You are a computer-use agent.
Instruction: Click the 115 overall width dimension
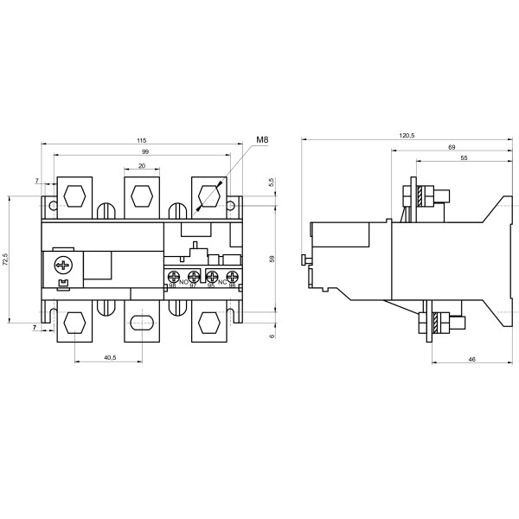pyautogui.click(x=140, y=140)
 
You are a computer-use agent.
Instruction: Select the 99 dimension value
pyautogui.click(x=145, y=151)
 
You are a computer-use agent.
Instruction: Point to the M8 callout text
pyautogui.click(x=262, y=140)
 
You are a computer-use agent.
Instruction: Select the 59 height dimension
pyautogui.click(x=272, y=257)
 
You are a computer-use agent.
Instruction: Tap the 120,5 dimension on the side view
pyautogui.click(x=407, y=136)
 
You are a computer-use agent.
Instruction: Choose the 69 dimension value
pyautogui.click(x=452, y=148)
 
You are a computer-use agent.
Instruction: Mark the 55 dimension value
pyautogui.click(x=464, y=159)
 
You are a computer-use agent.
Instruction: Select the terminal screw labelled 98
pyautogui.click(x=174, y=278)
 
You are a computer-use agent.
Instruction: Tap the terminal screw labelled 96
pyautogui.click(x=232, y=278)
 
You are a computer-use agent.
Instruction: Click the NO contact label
pyautogui.click(x=183, y=282)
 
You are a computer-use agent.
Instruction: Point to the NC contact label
pyautogui.click(x=222, y=282)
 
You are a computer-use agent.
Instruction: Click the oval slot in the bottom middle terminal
pyautogui.click(x=141, y=323)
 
